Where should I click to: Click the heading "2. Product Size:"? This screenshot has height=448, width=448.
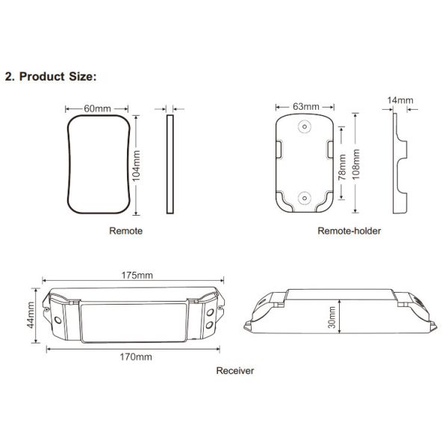51,77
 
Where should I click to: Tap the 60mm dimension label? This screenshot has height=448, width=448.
97,108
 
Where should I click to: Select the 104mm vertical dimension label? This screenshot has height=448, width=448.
136,166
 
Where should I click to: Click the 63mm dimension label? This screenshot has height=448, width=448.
305,107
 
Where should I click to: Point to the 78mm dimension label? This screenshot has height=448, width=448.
342,167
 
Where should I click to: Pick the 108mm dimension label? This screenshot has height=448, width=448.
355,164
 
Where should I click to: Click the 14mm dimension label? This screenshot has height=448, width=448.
400,100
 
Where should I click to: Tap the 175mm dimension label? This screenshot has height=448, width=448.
137,275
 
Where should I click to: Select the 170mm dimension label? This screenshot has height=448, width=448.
136,357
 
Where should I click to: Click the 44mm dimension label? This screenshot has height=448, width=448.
31,315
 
